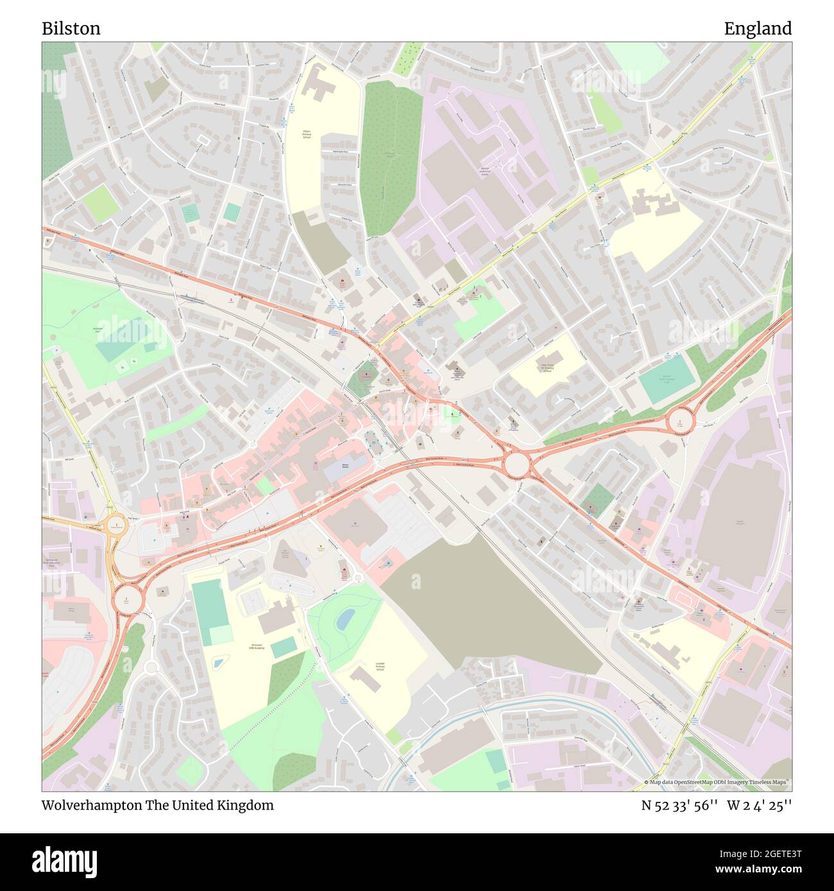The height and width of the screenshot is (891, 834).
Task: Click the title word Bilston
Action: point(71,29)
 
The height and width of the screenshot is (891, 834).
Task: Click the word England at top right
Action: point(758,29)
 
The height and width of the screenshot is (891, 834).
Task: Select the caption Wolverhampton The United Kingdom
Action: point(157,805)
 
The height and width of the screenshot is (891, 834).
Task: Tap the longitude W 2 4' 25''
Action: point(760,805)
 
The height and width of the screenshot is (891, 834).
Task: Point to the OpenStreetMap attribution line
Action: point(717,782)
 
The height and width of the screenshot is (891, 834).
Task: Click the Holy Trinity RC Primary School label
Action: point(547,368)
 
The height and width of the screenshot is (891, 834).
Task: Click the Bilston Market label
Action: point(345,465)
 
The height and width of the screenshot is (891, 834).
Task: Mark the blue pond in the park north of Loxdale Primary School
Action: point(345,618)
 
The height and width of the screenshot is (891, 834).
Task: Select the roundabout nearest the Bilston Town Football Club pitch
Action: point(679,421)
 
